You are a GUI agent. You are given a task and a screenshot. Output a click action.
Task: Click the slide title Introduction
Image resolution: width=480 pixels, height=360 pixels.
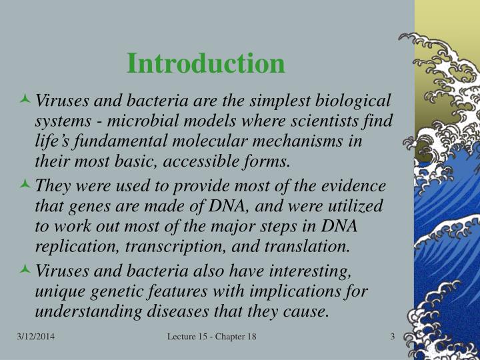206,63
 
